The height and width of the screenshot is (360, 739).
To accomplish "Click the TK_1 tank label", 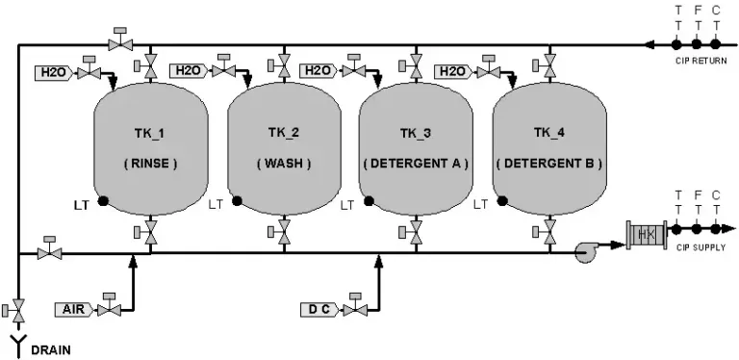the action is click(x=151, y=134).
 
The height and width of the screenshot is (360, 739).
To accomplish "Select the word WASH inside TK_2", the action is click(x=284, y=164).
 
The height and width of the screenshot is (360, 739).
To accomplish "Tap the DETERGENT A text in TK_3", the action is click(x=416, y=164).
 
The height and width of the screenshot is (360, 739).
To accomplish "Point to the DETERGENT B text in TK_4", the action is click(x=549, y=164).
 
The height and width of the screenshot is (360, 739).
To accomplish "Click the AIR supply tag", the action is click(x=73, y=310).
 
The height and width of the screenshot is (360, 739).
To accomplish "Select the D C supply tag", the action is click(x=319, y=310).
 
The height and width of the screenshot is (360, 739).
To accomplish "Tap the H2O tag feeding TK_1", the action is click(x=54, y=72).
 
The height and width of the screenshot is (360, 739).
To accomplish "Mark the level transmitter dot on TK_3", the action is click(x=369, y=201).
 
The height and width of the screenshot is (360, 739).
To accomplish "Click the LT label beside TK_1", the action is click(x=81, y=205).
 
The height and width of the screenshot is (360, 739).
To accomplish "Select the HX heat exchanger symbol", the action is click(x=647, y=234).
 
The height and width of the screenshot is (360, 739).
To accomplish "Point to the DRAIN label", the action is click(x=51, y=350).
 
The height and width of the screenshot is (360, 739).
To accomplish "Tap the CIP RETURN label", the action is click(x=701, y=61).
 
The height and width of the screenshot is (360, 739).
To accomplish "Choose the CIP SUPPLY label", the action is click(x=701, y=247).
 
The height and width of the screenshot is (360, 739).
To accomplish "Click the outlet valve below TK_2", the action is click(x=284, y=231).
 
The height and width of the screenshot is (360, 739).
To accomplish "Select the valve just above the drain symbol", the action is click(x=18, y=310).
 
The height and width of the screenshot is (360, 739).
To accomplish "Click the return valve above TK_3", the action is click(x=416, y=66).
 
